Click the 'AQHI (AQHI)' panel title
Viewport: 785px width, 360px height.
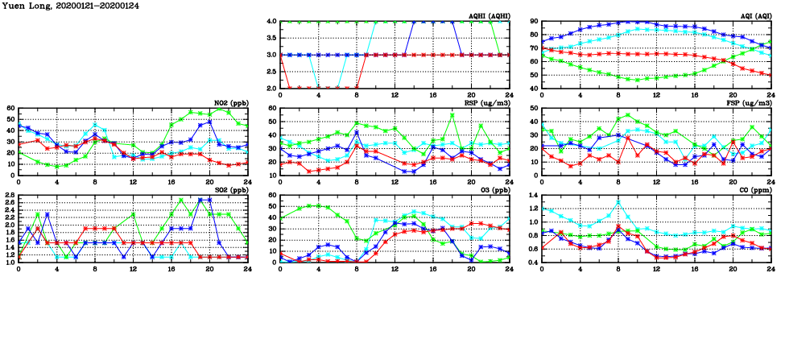pyautogui.click(x=489, y=15)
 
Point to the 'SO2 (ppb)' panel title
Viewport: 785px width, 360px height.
pyautogui.click(x=231, y=189)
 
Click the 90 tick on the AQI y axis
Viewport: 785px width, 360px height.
pyautogui.click(x=534, y=22)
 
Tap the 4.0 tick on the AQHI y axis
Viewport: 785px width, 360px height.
pyautogui.click(x=271, y=22)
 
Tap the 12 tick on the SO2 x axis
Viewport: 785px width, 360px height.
pyautogui.click(x=133, y=267)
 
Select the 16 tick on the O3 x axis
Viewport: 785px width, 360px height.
pyautogui.click(x=432, y=267)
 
